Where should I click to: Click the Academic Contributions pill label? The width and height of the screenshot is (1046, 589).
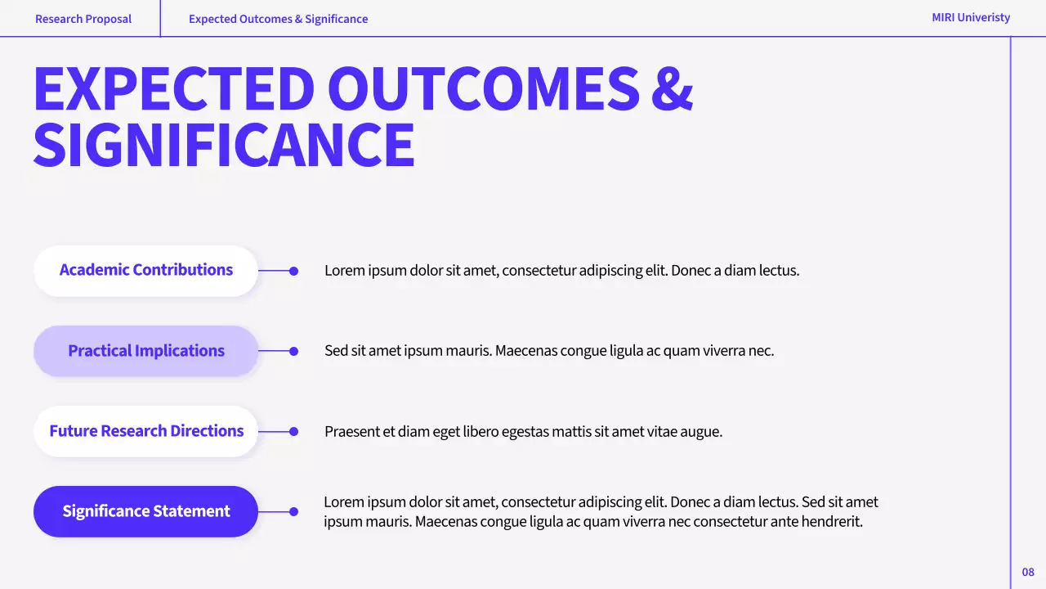(146, 270)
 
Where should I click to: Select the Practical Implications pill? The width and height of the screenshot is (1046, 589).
(146, 351)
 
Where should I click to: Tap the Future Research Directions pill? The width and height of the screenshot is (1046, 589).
(146, 431)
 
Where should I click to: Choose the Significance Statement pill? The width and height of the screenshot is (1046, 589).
(146, 511)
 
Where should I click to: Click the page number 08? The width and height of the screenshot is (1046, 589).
(1028, 572)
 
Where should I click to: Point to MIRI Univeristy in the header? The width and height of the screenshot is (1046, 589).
(971, 17)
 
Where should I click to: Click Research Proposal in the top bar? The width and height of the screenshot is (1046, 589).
(83, 19)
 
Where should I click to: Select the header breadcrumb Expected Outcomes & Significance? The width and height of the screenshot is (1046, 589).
(278, 19)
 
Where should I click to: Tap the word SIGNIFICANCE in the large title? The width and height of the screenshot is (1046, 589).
(224, 146)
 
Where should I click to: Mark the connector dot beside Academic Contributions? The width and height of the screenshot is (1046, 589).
(294, 271)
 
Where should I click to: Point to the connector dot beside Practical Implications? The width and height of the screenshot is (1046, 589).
(294, 351)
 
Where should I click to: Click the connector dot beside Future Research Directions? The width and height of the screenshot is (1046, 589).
(294, 431)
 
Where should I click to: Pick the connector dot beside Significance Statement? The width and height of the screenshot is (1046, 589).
(294, 511)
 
